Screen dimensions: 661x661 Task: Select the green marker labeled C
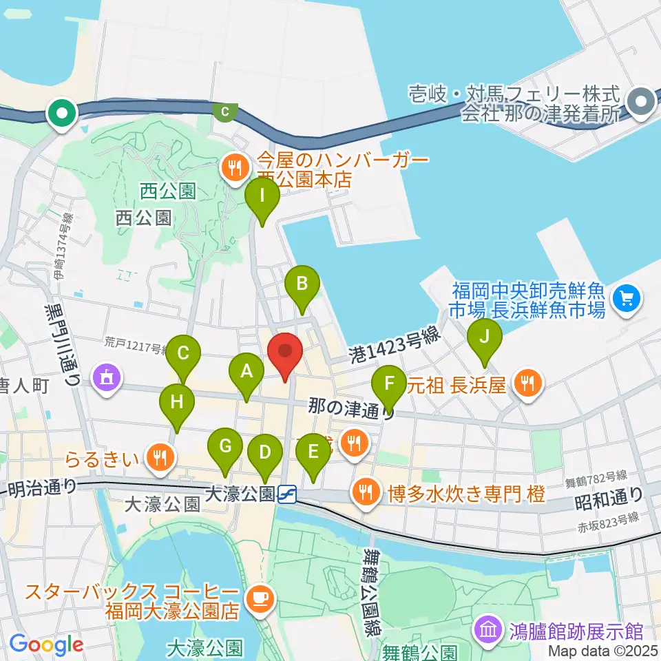(183, 353)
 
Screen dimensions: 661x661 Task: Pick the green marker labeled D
(264, 452)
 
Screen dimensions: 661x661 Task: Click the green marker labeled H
(177, 402)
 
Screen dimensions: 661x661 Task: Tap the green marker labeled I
(262, 195)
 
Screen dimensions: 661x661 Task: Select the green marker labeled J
(484, 337)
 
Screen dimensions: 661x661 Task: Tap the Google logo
(46, 645)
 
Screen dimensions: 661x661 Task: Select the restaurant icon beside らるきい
(160, 455)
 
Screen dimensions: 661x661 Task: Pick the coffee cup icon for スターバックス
(260, 596)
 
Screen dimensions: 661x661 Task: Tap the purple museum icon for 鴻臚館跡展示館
(488, 629)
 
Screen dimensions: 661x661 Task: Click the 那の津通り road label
(351, 406)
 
